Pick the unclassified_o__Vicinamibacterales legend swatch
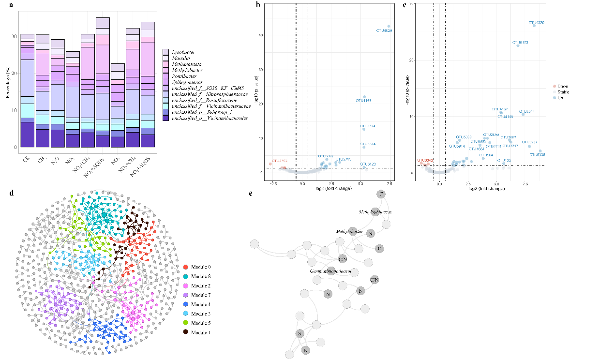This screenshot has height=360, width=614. tap(166, 119)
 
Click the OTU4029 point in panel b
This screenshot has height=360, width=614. tap(389, 26)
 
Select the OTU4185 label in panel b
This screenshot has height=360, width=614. tap(363, 101)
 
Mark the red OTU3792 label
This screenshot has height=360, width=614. tap(279, 161)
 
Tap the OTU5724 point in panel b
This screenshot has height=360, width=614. tap(363, 129)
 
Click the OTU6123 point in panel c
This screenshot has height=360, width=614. tap(518, 45)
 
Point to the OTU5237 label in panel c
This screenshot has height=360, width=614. tap(529, 142)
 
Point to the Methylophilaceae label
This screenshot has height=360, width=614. tap(375, 212)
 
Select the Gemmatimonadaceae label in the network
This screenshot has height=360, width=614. tap(331, 271)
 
